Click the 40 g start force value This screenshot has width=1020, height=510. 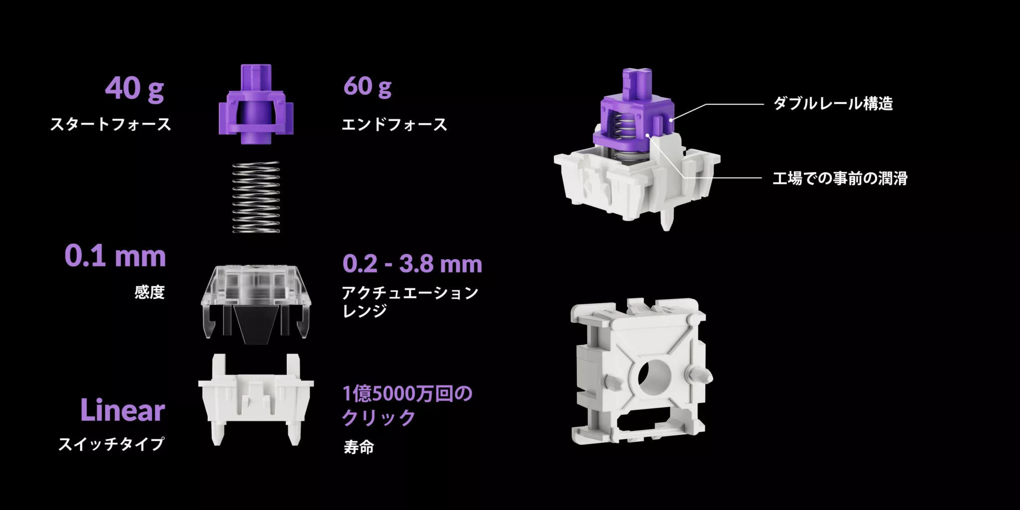point(134,89)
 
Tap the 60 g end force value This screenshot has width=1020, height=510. point(367,87)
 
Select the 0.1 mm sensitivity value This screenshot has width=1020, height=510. point(115,256)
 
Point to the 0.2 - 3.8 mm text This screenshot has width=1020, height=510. point(412,264)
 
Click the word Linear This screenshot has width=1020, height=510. point(123,411)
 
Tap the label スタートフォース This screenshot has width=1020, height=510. point(111,124)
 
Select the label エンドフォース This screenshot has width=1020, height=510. point(394,124)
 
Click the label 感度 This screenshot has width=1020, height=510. point(149,292)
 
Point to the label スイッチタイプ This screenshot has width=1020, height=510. point(112,444)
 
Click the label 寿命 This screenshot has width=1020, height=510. point(359,447)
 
